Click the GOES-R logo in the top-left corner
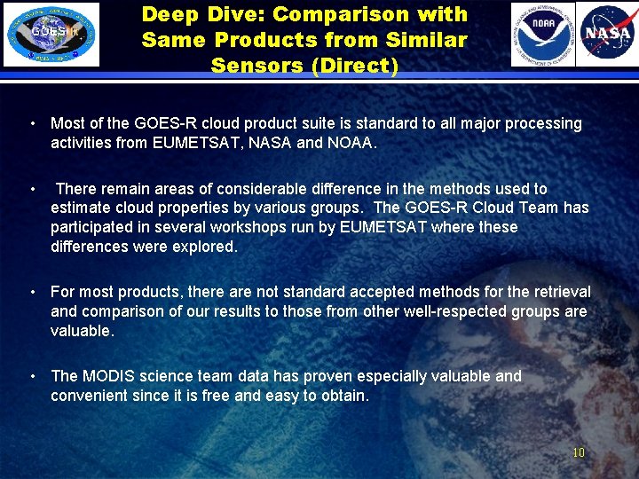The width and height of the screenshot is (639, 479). [51, 35]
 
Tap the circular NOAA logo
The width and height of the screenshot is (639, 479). [542, 35]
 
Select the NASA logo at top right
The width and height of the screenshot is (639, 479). [607, 35]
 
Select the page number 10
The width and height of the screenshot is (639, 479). [579, 452]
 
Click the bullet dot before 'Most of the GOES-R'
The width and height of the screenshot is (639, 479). [32, 123]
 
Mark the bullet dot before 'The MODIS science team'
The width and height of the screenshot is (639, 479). [32, 376]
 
